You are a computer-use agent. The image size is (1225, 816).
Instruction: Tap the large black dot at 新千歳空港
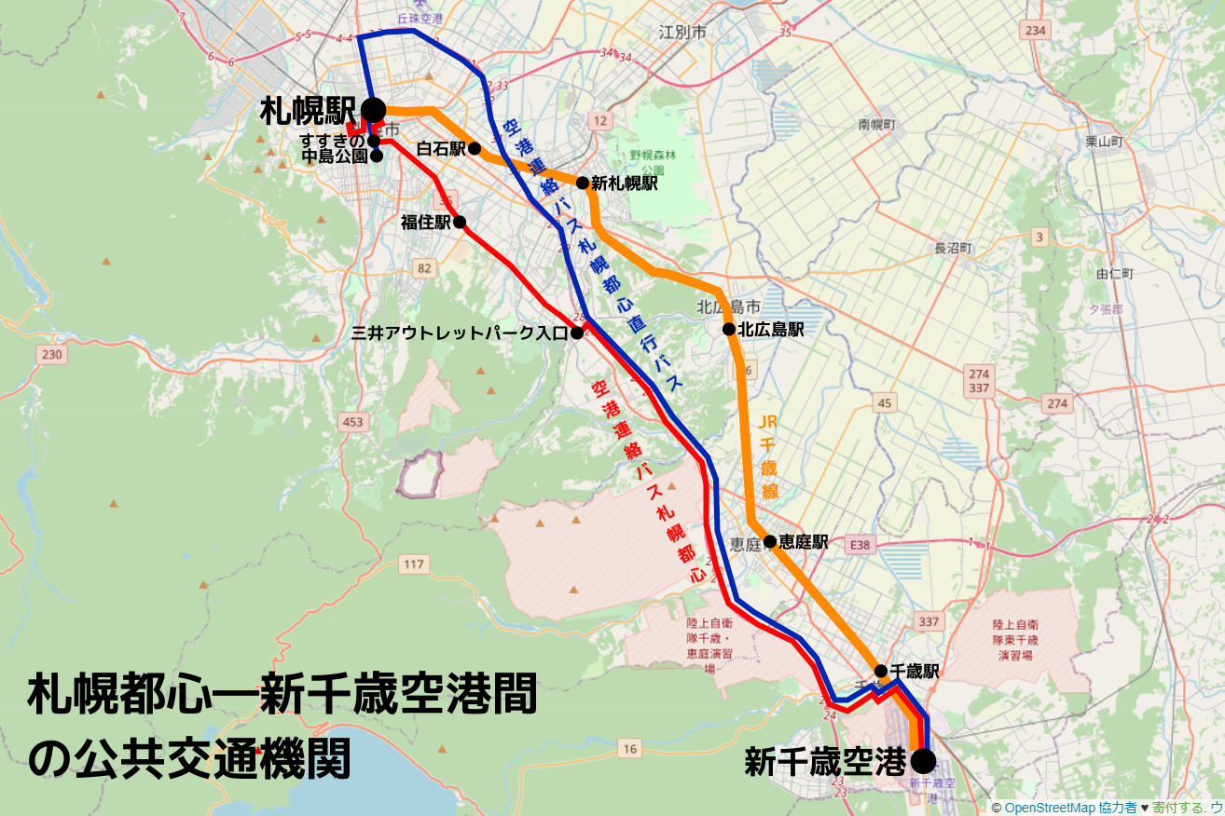[x=923, y=761]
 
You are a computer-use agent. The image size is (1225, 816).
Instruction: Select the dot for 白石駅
[x=475, y=148]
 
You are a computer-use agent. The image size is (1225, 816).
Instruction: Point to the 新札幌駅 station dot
[x=582, y=183]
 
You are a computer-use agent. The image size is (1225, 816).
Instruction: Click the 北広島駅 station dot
[x=729, y=329]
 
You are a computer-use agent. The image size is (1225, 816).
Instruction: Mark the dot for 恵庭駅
[x=770, y=541]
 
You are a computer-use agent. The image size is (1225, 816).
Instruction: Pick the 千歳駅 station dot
[x=880, y=671]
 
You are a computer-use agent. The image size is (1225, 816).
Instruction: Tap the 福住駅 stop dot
[x=460, y=223]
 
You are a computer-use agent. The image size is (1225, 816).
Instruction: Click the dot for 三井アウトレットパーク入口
[x=577, y=333]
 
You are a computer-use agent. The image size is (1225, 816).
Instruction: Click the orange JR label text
[x=768, y=422]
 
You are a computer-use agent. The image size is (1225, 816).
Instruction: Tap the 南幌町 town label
[x=876, y=124]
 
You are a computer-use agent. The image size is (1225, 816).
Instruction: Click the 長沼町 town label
[x=953, y=249]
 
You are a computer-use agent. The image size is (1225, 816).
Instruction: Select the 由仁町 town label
[x=1115, y=274]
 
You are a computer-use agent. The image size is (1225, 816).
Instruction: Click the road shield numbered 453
[x=352, y=423]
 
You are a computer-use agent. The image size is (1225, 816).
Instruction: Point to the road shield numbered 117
[x=414, y=564]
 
